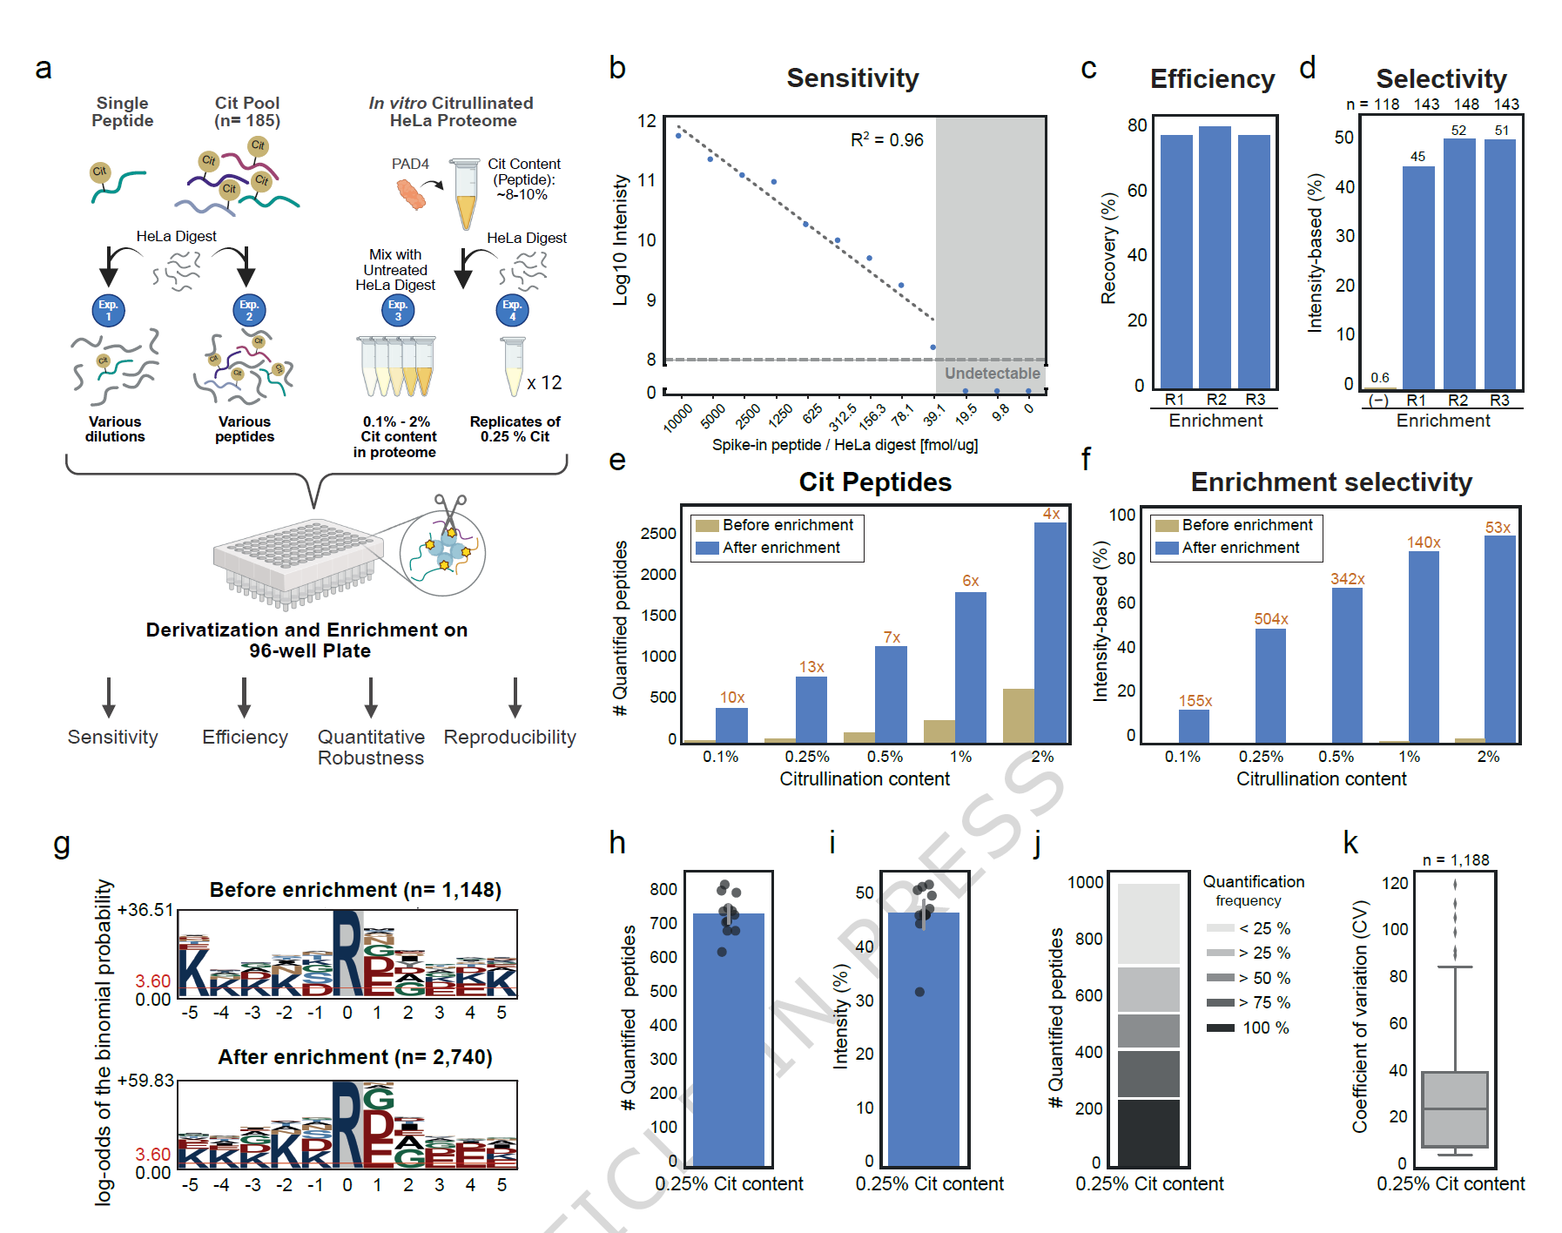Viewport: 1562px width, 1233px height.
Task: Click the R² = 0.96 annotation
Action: (886, 140)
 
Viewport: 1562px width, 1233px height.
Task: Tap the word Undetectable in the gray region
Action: (992, 374)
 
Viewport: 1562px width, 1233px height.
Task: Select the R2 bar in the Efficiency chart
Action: (1215, 257)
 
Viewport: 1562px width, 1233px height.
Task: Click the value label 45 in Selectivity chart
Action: (1417, 157)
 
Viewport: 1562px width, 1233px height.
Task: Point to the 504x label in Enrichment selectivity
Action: (1270, 619)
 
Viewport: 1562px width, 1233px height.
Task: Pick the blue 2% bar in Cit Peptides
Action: (1050, 631)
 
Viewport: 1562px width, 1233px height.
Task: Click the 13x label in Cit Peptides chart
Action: (811, 667)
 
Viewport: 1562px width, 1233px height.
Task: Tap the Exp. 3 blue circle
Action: (398, 310)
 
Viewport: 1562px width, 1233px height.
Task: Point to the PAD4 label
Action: (410, 164)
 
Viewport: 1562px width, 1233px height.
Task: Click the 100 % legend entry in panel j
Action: (1249, 1028)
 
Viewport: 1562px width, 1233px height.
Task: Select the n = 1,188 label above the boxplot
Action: (1455, 860)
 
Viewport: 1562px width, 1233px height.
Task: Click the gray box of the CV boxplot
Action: (1454, 1109)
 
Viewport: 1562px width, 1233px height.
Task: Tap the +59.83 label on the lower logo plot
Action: (145, 1081)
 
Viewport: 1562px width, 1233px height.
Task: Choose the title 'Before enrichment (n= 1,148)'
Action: (355, 890)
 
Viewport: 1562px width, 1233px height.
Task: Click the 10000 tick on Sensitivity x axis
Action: (677, 418)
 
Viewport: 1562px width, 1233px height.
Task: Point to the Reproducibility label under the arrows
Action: (509, 738)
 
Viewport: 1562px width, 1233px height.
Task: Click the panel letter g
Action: (61, 843)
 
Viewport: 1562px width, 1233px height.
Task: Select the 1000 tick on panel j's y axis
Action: (1085, 882)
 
